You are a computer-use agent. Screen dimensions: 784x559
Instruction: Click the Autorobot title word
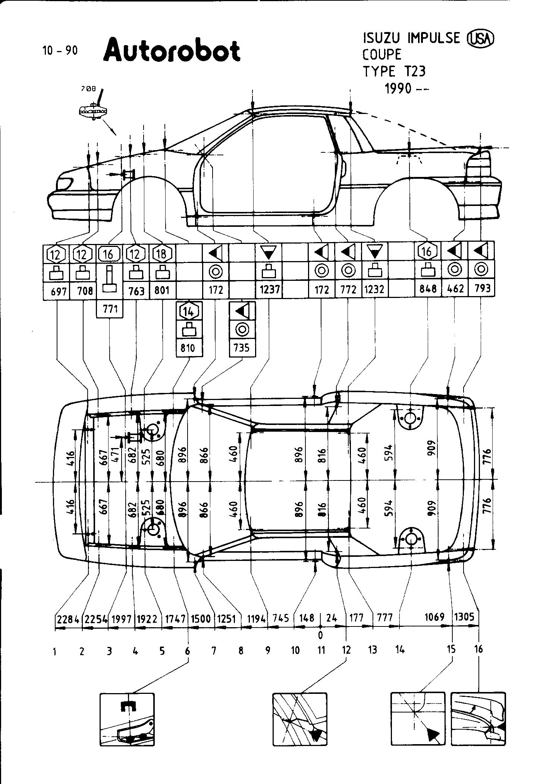pyautogui.click(x=172, y=51)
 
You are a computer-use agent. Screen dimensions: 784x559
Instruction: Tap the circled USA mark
pyautogui.click(x=481, y=39)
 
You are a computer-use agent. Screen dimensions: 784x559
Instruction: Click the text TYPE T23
pyautogui.click(x=394, y=71)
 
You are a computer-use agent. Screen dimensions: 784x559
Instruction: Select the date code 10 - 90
pyautogui.click(x=60, y=51)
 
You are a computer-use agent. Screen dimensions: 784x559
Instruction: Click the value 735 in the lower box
pyautogui.click(x=242, y=347)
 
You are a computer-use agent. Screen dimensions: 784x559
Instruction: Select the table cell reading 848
pyautogui.click(x=428, y=289)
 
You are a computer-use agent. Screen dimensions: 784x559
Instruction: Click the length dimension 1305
pyautogui.click(x=465, y=617)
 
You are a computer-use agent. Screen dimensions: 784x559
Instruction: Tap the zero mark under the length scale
pyautogui.click(x=320, y=634)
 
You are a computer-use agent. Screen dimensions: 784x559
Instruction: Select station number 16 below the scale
pyautogui.click(x=478, y=649)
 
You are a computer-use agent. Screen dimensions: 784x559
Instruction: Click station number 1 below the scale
pyautogui.click(x=55, y=651)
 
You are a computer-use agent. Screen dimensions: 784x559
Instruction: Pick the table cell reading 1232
pyautogui.click(x=374, y=289)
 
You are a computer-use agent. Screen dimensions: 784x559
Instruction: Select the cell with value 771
pyautogui.click(x=110, y=309)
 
